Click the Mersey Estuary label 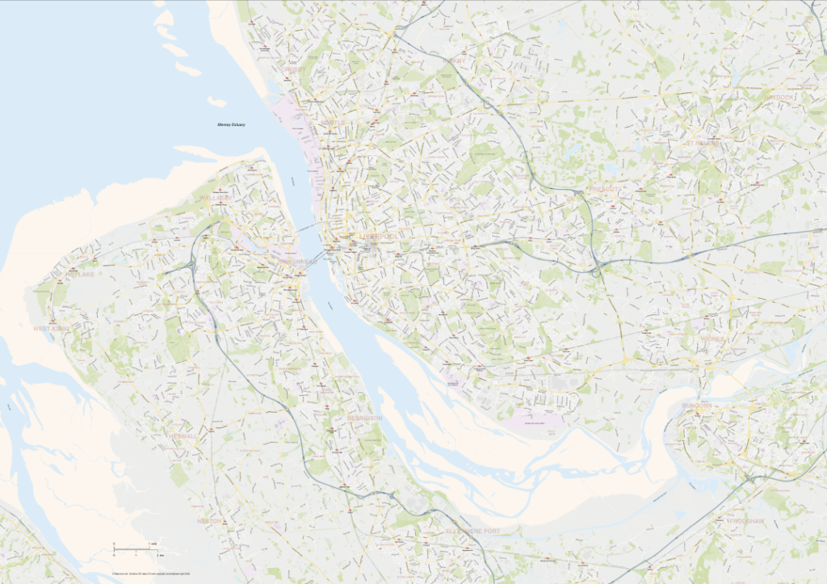pyautogui.click(x=231, y=125)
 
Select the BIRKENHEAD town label pyautogui.click(x=296, y=263)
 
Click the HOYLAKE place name pyautogui.click(x=80, y=275)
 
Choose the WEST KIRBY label pyautogui.click(x=52, y=329)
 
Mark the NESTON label pyautogui.click(x=208, y=521)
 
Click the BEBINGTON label pyautogui.click(x=364, y=418)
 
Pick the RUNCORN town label pyautogui.click(x=696, y=405)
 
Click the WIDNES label pyautogui.click(x=712, y=339)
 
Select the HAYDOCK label pyautogui.click(x=779, y=97)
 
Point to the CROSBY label pyautogui.click(x=295, y=69)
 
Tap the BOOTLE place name pyautogui.click(x=332, y=123)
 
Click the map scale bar pyautogui.click(x=134, y=550)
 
